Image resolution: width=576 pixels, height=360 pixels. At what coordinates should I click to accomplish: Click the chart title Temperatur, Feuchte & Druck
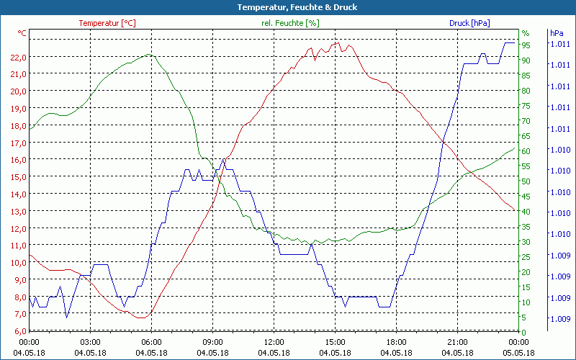[x=287, y=7]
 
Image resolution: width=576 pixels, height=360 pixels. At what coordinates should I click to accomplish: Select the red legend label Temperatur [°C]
[x=107, y=23]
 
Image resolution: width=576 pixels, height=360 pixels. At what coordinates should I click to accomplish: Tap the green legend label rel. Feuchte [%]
[x=290, y=23]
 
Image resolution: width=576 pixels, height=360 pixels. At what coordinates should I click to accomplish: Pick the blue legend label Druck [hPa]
[x=469, y=23]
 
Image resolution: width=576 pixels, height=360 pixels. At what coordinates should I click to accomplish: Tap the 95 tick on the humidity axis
[x=526, y=45]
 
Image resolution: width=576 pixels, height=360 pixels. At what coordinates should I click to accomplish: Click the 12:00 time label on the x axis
[x=274, y=343]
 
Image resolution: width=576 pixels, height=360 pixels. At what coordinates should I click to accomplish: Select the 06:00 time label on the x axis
[x=151, y=343]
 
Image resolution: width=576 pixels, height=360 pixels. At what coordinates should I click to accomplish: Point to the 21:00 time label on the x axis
[x=457, y=343]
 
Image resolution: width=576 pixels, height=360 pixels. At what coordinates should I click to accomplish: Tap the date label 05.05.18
[x=519, y=353]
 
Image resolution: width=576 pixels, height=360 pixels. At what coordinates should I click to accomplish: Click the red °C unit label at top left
[x=22, y=33]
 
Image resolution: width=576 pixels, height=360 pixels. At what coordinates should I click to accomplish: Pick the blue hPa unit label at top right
[x=557, y=33]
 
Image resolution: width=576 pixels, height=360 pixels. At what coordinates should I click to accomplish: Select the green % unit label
[x=526, y=33]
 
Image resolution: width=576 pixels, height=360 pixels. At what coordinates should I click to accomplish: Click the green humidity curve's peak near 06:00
[x=148, y=54]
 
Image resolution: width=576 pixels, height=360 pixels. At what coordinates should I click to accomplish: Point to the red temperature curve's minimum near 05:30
[x=143, y=318]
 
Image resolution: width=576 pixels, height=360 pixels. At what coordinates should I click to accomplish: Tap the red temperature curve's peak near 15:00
[x=337, y=42]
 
